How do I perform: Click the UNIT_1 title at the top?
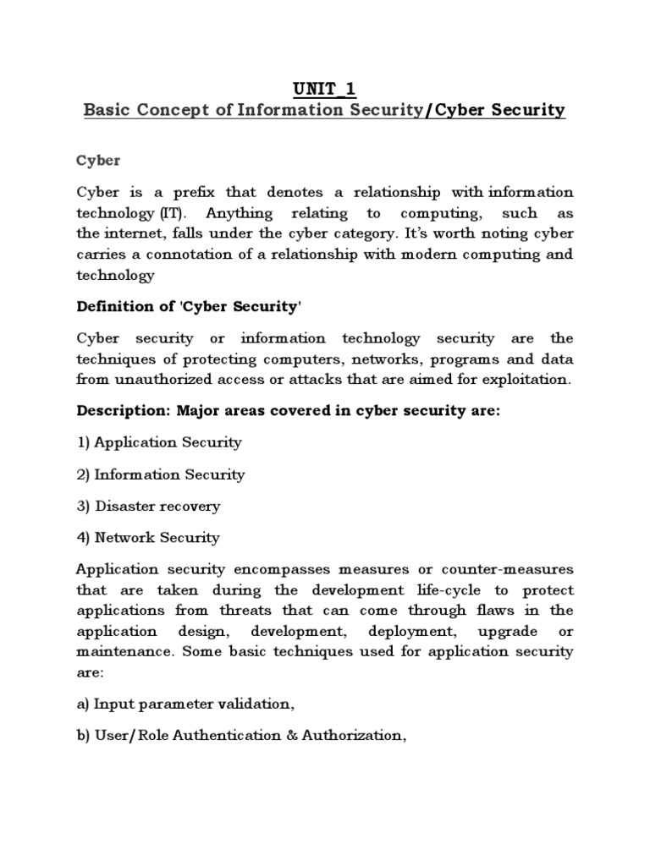tap(325, 88)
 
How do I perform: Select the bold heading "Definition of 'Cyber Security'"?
tap(190, 307)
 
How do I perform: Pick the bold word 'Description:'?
tap(124, 411)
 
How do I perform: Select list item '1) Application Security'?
tap(159, 442)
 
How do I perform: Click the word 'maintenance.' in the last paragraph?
tap(118, 651)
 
